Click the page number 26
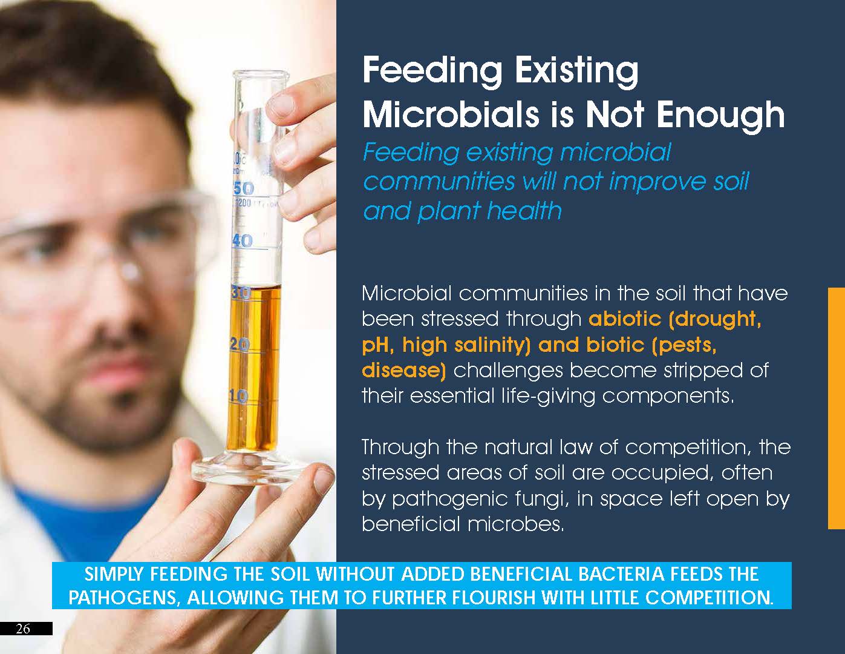[23, 629]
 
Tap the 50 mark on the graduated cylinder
[244, 188]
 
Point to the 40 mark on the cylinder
[243, 241]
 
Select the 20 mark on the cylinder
[240, 345]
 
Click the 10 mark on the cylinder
[238, 397]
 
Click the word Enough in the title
[720, 115]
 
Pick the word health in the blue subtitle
[524, 211]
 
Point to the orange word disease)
[403, 370]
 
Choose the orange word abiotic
[625, 319]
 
